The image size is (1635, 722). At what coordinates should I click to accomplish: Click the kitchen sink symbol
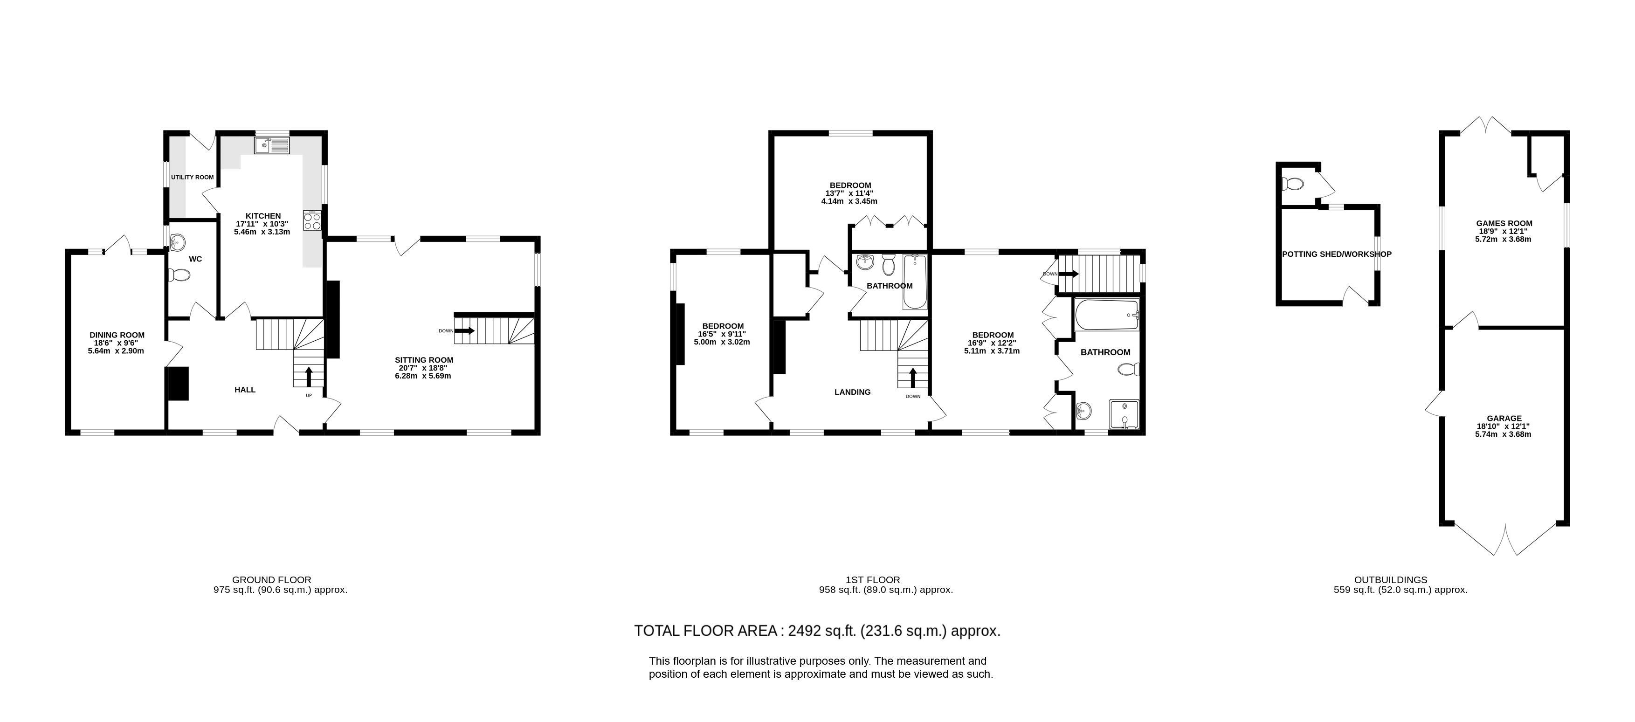click(272, 146)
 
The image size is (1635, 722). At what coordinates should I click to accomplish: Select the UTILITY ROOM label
click(193, 178)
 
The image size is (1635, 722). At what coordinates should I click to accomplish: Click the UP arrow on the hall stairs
click(309, 376)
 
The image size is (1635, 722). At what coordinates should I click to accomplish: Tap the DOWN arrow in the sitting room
click(465, 330)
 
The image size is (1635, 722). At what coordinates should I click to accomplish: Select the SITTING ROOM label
click(424, 360)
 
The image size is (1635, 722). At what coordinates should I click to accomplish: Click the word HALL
click(245, 390)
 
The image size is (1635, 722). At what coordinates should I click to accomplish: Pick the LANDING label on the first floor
click(852, 392)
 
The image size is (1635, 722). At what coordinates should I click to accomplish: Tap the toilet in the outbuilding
click(1292, 184)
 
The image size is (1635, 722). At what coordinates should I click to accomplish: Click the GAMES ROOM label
click(1504, 223)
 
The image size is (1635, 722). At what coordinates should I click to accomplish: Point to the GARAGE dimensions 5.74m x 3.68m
click(1504, 434)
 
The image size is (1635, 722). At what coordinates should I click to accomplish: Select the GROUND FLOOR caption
click(272, 579)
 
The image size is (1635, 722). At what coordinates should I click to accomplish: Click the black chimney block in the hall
click(177, 384)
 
